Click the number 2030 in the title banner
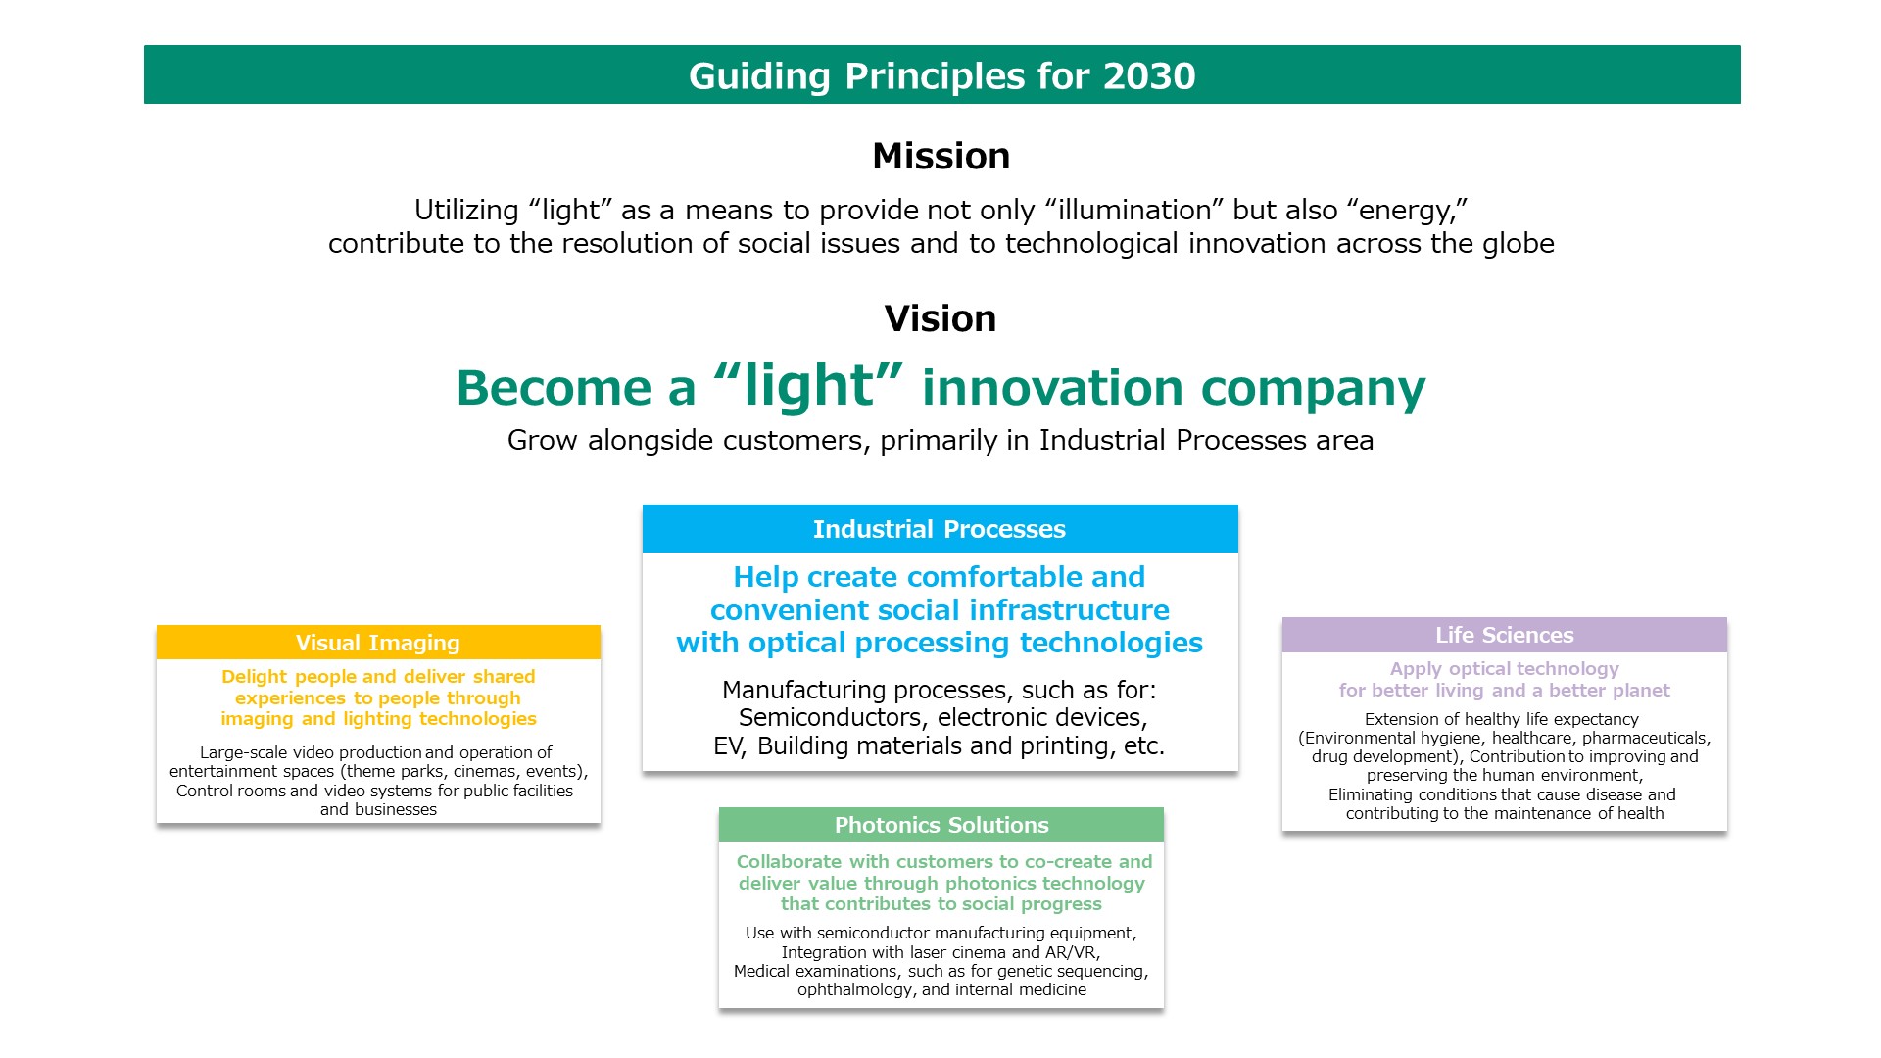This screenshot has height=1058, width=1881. pos(1148,75)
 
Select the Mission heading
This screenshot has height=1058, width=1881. pos(940,156)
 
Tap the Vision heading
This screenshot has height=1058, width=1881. pos(940,318)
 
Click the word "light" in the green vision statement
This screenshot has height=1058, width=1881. pos(808,385)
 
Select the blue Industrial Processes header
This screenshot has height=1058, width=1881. pos(940,529)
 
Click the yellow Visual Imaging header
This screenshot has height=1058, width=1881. pos(378,643)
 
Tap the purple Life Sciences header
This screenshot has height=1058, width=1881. pos(1504,635)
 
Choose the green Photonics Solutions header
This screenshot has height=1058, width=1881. pos(940,825)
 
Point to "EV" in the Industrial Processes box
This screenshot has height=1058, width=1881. pos(727,745)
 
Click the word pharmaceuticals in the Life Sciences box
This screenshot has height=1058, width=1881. pos(1644,738)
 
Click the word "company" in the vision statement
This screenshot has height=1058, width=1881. pos(1313,387)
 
